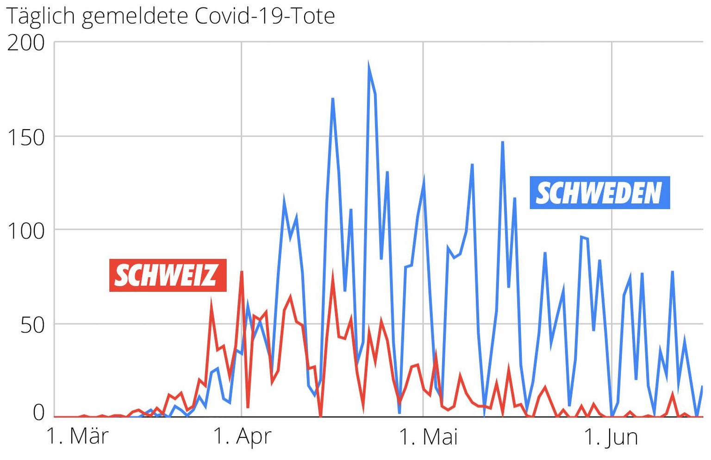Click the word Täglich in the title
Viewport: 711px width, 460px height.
click(x=41, y=17)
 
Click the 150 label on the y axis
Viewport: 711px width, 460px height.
click(x=26, y=138)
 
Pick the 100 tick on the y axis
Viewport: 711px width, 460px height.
click(x=26, y=231)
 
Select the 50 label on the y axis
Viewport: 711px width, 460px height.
click(x=32, y=325)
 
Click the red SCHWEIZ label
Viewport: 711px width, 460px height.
click(x=168, y=275)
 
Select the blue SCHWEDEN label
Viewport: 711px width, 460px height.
click(x=599, y=193)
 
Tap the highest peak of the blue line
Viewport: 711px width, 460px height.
click(x=369, y=64)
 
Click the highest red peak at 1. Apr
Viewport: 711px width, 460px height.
click(x=242, y=272)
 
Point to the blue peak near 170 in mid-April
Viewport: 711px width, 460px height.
click(x=333, y=99)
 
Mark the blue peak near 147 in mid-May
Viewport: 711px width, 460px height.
click(x=502, y=142)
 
